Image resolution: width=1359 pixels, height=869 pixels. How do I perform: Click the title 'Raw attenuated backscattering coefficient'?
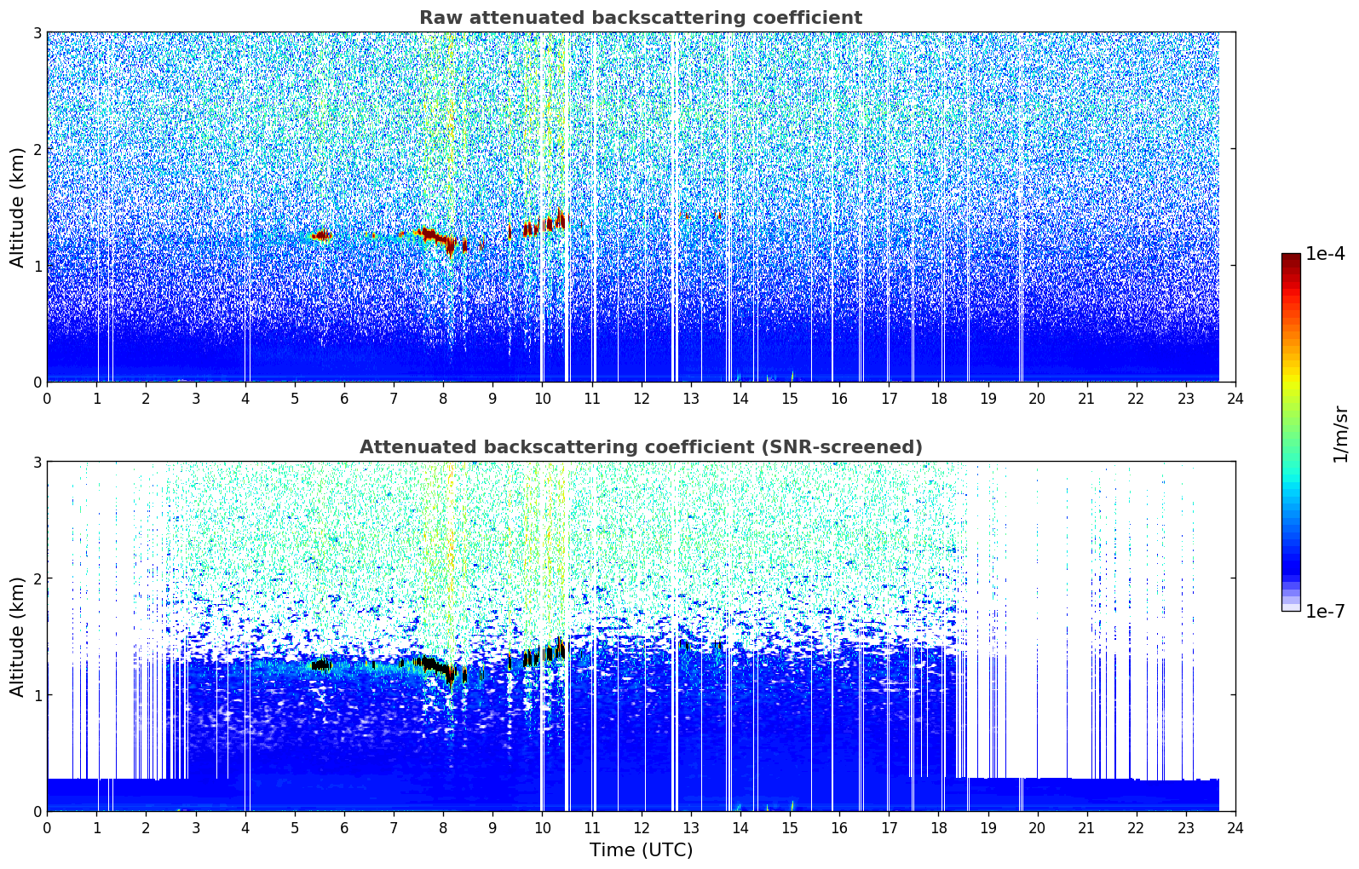640,18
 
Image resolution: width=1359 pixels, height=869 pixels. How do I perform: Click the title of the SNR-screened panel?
640,447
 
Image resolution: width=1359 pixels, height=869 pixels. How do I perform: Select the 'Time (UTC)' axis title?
641,850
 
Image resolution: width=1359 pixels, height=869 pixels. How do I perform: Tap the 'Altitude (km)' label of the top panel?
17,207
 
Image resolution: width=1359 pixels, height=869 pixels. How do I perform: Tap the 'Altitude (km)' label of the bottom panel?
17,636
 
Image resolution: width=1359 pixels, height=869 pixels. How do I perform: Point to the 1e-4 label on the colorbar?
1325,254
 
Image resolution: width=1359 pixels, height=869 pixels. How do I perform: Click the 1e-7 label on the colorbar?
1325,611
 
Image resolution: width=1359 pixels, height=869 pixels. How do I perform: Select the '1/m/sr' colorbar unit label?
1340,434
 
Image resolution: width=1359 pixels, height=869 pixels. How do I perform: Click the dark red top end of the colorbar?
1291,257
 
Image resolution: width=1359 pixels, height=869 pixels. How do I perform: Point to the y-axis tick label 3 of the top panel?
37,32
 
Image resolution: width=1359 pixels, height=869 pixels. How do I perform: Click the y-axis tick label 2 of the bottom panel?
37,578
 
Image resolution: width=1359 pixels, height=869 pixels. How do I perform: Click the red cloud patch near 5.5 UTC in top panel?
321,235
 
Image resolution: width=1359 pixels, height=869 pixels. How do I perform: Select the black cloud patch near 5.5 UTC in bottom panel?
321,665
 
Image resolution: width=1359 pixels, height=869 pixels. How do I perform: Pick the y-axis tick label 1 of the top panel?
37,266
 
